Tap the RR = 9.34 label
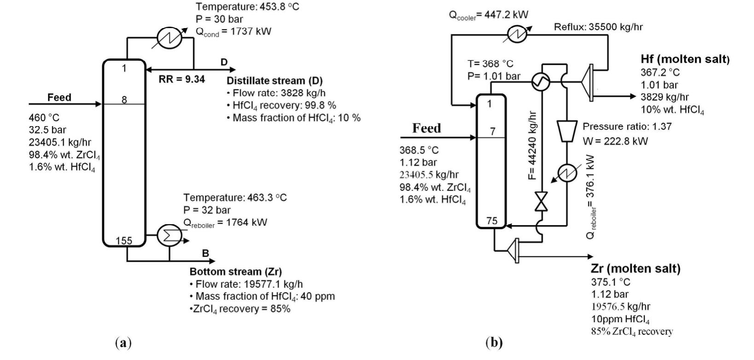pyautogui.click(x=181, y=79)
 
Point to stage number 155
pyautogui.click(x=123, y=240)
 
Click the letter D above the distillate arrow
pyautogui.click(x=224, y=62)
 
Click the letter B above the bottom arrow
pyautogui.click(x=205, y=253)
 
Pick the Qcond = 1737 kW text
pyautogui.click(x=234, y=31)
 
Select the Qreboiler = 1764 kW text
pyautogui.click(x=225, y=223)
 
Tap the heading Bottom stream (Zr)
pyautogui.click(x=235, y=271)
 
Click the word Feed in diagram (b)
pyautogui.click(x=426, y=128)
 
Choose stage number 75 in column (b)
pyautogui.click(x=492, y=221)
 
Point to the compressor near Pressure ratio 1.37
pyautogui.click(x=567, y=131)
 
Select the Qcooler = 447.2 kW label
pyautogui.click(x=489, y=15)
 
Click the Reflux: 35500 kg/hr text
pyautogui.click(x=598, y=27)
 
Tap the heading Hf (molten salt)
pyautogui.click(x=685, y=59)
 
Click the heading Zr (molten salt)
pyautogui.click(x=635, y=268)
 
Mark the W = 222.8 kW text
pyautogui.click(x=615, y=141)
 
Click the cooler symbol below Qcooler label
pyautogui.click(x=518, y=34)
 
